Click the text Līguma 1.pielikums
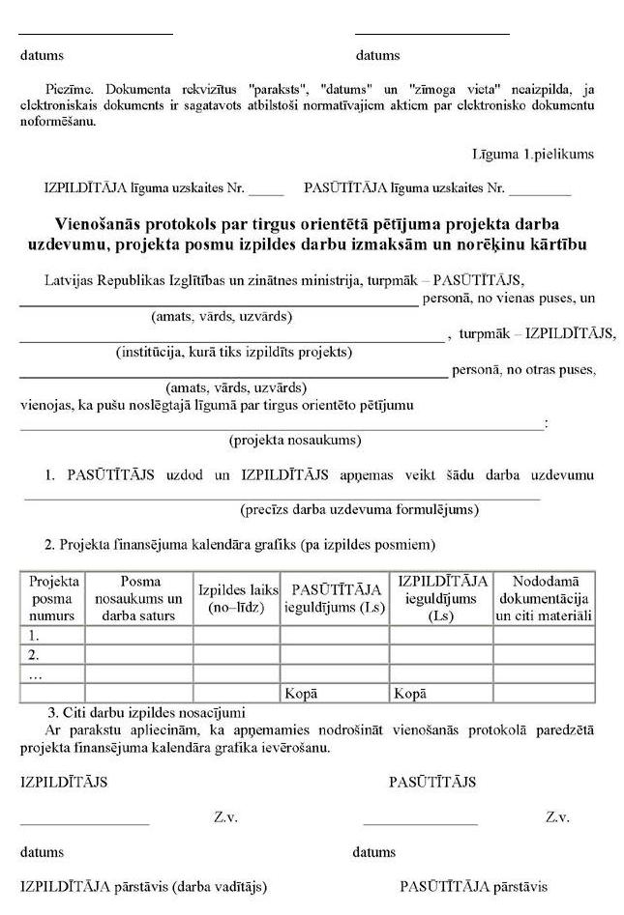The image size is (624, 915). coord(533,155)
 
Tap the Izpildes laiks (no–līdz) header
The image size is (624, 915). coord(237,598)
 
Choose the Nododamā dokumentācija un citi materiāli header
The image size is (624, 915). coord(545,598)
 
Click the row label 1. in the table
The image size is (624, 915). coord(35,636)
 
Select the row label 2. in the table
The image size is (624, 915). coord(35,655)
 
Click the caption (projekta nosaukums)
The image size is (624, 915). coord(295,441)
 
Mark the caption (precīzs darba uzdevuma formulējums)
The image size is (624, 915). coord(359,509)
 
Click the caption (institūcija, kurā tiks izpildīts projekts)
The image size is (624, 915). coord(232,352)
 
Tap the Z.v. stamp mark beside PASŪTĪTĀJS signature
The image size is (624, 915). coord(556,817)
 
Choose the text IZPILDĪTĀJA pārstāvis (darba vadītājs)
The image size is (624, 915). coord(143,886)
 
